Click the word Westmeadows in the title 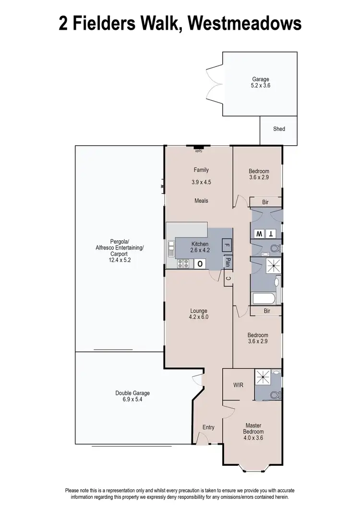point(244,23)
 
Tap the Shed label point(279,129)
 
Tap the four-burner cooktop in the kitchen point(183,263)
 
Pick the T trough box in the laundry point(272,234)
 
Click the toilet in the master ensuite point(275,394)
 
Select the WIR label point(239,385)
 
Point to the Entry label point(208,427)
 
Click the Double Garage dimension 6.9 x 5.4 point(132,400)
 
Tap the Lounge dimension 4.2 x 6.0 point(199,317)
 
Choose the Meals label point(201,201)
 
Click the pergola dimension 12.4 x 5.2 point(120,260)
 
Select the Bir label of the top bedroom point(265,202)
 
